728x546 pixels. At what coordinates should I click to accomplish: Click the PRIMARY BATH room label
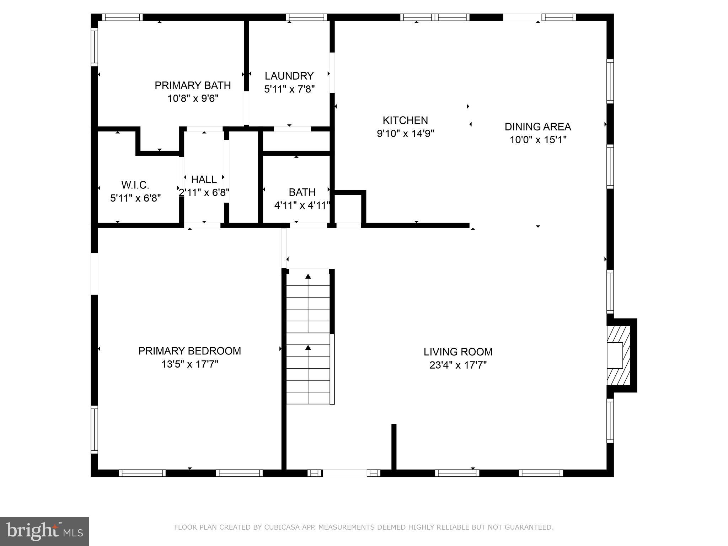pyautogui.click(x=193, y=85)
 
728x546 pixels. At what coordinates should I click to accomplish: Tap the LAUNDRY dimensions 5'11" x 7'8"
pyautogui.click(x=289, y=89)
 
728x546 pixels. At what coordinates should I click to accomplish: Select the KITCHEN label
pyautogui.click(x=405, y=120)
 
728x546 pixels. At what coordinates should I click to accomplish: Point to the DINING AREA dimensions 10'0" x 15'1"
pyautogui.click(x=538, y=140)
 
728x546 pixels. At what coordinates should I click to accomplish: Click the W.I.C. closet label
pyautogui.click(x=135, y=185)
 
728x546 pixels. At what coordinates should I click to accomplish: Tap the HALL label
pyautogui.click(x=204, y=179)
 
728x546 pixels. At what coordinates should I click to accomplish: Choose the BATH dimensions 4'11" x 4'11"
pyautogui.click(x=302, y=205)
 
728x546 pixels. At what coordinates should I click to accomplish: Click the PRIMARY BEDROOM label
pyautogui.click(x=189, y=351)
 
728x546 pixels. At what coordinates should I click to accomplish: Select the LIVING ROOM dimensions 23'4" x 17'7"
pyautogui.click(x=458, y=365)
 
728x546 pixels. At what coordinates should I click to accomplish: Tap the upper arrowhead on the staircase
pyautogui.click(x=308, y=276)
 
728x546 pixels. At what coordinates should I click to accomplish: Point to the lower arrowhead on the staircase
pyautogui.click(x=308, y=347)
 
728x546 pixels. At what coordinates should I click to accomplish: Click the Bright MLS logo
pyautogui.click(x=44, y=531)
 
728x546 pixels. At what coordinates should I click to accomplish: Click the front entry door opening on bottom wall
pyautogui.click(x=344, y=473)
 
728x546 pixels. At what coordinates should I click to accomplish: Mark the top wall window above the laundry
pyautogui.click(x=306, y=17)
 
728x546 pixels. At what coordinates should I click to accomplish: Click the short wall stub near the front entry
pyautogui.click(x=394, y=446)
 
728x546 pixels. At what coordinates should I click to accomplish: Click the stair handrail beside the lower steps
pyautogui.click(x=332, y=369)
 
